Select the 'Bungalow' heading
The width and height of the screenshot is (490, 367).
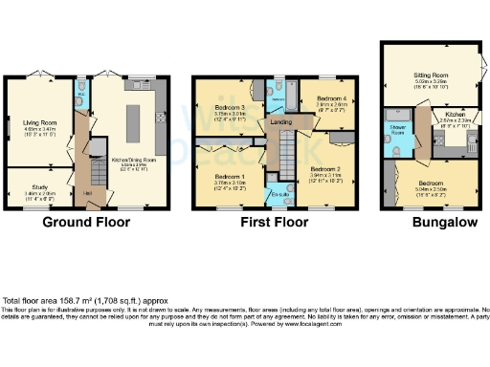tap(430, 224)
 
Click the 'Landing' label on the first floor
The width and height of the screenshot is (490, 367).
tap(280, 121)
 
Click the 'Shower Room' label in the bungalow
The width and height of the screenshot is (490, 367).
tap(395, 131)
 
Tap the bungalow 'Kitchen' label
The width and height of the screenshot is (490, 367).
tap(455, 114)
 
